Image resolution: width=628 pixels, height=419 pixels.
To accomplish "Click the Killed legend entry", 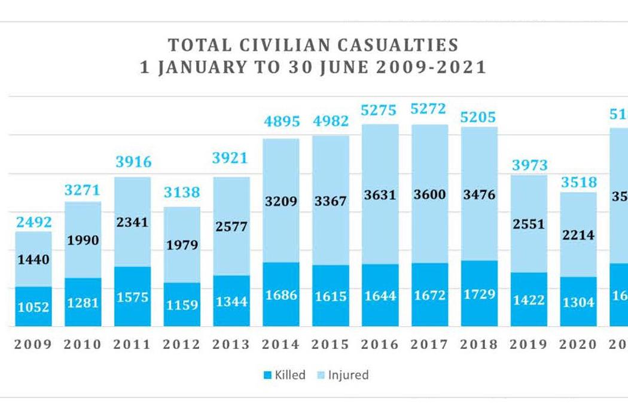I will pos(284,375).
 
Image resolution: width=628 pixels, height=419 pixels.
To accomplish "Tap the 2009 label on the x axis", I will pos(33,345).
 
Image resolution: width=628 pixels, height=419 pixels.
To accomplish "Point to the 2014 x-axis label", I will pos(281,345).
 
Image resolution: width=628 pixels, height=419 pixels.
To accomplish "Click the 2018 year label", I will pos(479,345).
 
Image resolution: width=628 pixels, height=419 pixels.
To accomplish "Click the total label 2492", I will pos(33,222).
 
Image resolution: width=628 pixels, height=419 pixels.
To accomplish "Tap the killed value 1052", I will pos(33,307).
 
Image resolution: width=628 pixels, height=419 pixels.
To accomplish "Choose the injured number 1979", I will pos(182,245).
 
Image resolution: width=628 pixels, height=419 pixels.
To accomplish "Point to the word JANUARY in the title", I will pos(196,67).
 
